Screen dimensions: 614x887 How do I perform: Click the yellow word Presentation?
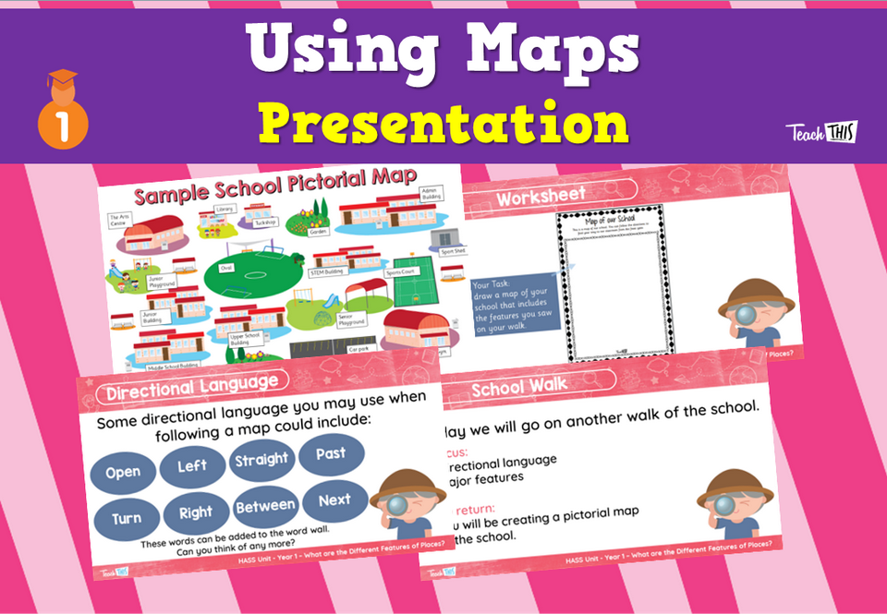coord(443,123)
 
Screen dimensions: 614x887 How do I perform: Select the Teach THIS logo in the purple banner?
coord(820,132)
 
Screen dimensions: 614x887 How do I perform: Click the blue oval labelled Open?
coord(124,473)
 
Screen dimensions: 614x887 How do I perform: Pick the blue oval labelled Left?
coord(192,465)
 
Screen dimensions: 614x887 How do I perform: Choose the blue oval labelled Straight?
coord(261,460)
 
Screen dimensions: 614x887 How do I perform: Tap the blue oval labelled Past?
coord(330,453)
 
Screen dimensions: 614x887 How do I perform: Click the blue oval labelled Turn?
coord(127,518)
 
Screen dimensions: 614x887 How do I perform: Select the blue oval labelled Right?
coord(196,512)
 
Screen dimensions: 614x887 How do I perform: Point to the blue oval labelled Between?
coord(265,506)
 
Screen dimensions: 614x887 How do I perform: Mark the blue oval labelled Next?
coord(334,500)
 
